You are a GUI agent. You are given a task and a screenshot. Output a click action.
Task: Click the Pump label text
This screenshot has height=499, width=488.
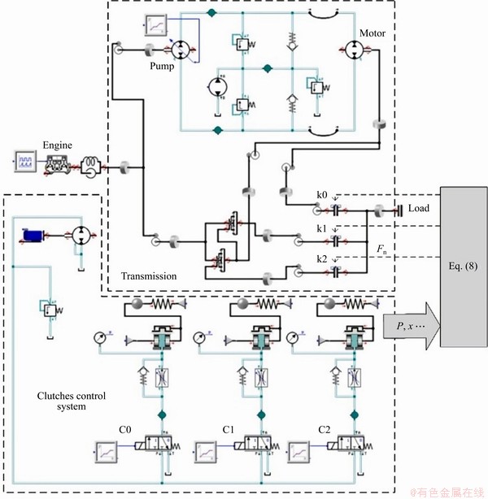pyautogui.click(x=161, y=68)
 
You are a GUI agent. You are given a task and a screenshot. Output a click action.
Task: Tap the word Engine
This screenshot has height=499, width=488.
pyautogui.click(x=58, y=145)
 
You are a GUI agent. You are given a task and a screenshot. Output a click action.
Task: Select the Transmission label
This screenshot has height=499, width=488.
pyautogui.click(x=149, y=276)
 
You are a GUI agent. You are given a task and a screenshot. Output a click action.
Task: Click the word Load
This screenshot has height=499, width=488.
pyautogui.click(x=419, y=209)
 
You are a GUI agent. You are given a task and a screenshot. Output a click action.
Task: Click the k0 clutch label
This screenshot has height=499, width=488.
pyautogui.click(x=323, y=196)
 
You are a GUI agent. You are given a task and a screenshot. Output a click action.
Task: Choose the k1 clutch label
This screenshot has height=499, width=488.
pyautogui.click(x=323, y=229)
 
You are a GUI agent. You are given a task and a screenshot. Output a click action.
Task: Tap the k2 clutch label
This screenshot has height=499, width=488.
pyautogui.click(x=323, y=259)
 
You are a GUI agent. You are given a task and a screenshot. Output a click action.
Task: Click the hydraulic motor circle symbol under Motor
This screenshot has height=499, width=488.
pyautogui.click(x=355, y=50)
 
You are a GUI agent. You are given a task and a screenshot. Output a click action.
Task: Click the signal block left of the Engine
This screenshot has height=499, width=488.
pyautogui.click(x=24, y=161)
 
